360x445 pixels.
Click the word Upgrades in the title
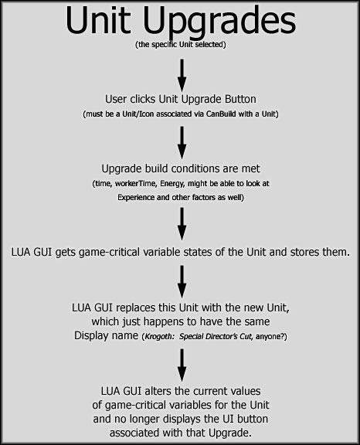click(219, 22)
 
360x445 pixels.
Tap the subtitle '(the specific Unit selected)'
click(181, 45)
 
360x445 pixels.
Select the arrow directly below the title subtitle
click(182, 75)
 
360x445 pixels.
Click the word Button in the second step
click(240, 99)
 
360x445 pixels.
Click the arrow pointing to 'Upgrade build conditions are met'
click(182, 143)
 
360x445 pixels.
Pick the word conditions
click(195, 168)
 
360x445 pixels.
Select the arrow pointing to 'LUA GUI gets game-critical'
click(182, 223)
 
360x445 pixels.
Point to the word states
click(198, 252)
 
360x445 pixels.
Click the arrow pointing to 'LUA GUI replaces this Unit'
click(182, 281)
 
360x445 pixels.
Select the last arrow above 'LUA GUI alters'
click(182, 365)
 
